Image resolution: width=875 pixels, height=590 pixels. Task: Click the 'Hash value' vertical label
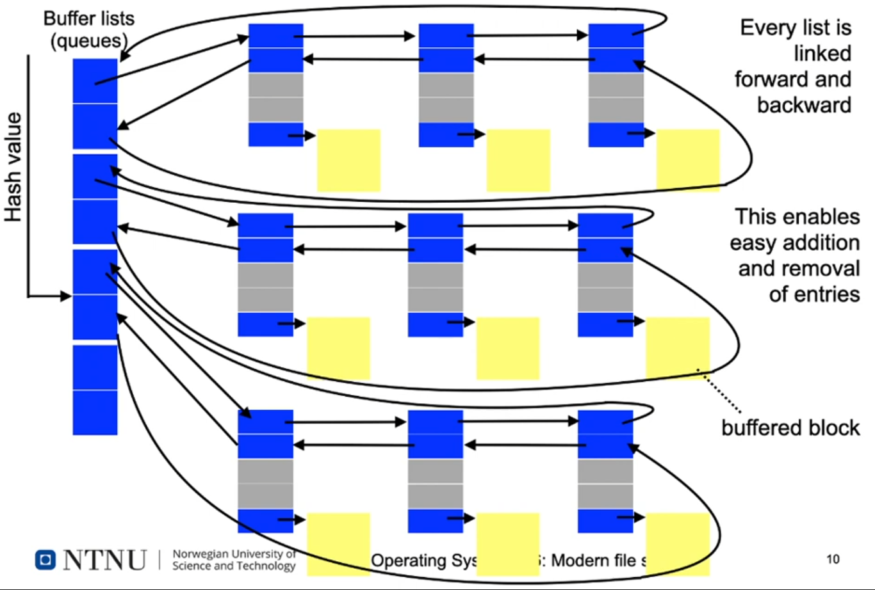point(13,168)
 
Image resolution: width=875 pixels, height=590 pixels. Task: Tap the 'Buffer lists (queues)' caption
point(89,29)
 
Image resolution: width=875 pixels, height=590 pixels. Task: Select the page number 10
point(833,559)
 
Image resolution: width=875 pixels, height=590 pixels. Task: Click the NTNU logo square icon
point(45,560)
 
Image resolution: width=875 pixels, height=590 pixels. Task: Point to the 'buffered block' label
point(790,427)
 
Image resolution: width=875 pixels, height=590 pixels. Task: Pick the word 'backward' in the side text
point(804,105)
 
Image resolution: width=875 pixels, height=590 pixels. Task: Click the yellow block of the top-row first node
point(349,160)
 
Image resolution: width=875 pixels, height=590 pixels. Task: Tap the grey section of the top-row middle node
point(446,97)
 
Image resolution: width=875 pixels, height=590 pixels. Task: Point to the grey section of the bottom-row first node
point(265,484)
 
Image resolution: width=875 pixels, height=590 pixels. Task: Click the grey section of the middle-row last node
point(605,287)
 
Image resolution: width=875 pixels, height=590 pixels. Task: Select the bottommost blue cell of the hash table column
point(95,413)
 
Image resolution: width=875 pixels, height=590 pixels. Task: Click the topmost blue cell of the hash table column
point(95,81)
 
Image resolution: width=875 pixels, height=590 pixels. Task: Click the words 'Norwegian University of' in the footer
point(234,554)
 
